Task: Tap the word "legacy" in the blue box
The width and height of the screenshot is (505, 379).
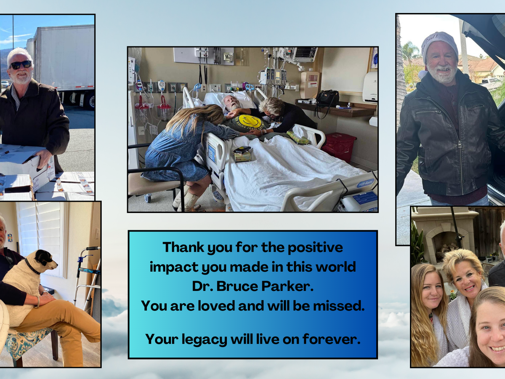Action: click(204, 340)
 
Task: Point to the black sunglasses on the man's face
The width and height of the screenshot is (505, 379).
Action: click(21, 65)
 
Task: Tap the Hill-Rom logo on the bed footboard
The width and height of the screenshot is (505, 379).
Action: click(365, 183)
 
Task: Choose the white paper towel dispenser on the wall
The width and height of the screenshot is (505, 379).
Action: click(370, 87)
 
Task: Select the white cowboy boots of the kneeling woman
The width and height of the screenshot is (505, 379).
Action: click(186, 199)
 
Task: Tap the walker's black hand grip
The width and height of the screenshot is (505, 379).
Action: click(93, 248)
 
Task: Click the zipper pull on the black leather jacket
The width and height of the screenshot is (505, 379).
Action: click(460, 145)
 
